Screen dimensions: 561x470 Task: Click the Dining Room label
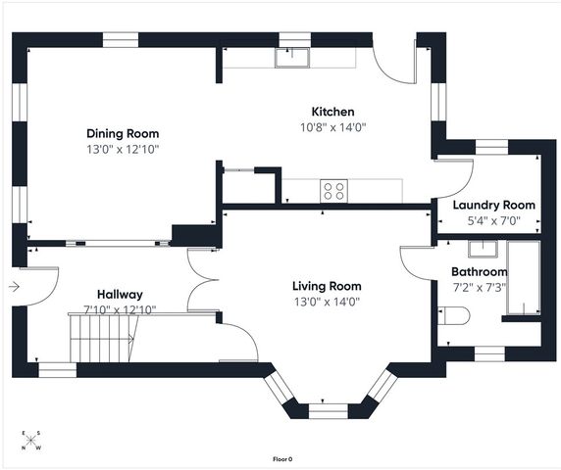click(123, 133)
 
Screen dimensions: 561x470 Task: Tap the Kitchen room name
click(332, 112)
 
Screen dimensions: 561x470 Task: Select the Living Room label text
click(327, 286)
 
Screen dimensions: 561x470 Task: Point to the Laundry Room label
click(493, 206)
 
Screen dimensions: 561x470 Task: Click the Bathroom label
click(479, 272)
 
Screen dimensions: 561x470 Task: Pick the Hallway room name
click(120, 295)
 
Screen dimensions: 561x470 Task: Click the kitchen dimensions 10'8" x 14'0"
click(333, 127)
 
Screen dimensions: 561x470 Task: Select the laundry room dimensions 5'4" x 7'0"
click(493, 221)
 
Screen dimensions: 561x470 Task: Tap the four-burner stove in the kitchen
click(333, 191)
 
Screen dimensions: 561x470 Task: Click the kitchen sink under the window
click(292, 58)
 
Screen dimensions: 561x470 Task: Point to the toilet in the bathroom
click(453, 315)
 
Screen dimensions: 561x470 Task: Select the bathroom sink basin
click(483, 249)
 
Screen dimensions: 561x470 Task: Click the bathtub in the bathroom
click(524, 277)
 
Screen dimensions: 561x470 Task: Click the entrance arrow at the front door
click(14, 287)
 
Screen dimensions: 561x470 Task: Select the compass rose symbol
click(31, 441)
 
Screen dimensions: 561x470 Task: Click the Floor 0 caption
click(282, 459)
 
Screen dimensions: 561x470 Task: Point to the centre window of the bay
click(329, 411)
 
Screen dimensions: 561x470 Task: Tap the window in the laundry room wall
click(491, 147)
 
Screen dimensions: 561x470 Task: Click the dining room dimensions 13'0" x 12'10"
click(123, 149)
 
